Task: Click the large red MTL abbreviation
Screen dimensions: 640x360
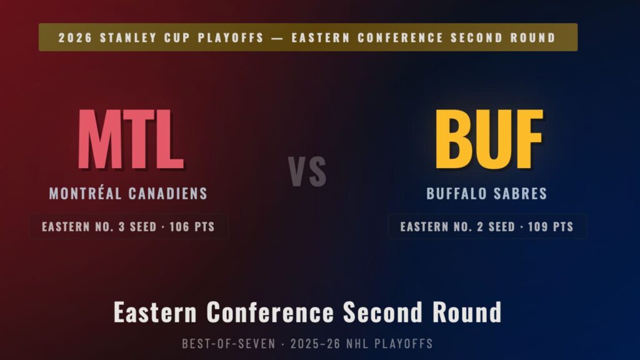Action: click(x=131, y=139)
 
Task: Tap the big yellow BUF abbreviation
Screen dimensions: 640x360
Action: click(x=489, y=139)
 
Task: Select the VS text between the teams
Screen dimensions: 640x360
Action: click(x=307, y=171)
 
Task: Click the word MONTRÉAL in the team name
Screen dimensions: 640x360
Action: click(x=85, y=193)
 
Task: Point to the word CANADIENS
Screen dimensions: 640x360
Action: click(x=168, y=194)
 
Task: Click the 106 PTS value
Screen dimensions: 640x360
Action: click(x=192, y=226)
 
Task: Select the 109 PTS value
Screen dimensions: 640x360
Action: click(x=551, y=226)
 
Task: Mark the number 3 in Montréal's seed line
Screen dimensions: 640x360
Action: click(x=122, y=226)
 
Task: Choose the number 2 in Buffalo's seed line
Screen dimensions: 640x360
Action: click(x=481, y=226)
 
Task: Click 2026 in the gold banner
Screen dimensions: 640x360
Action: click(x=76, y=37)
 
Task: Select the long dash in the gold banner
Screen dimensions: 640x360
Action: click(x=277, y=37)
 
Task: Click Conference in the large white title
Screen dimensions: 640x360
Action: click(x=270, y=312)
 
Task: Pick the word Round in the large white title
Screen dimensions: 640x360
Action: click(x=467, y=312)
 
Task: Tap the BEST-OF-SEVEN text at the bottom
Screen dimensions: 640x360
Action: click(x=229, y=344)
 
